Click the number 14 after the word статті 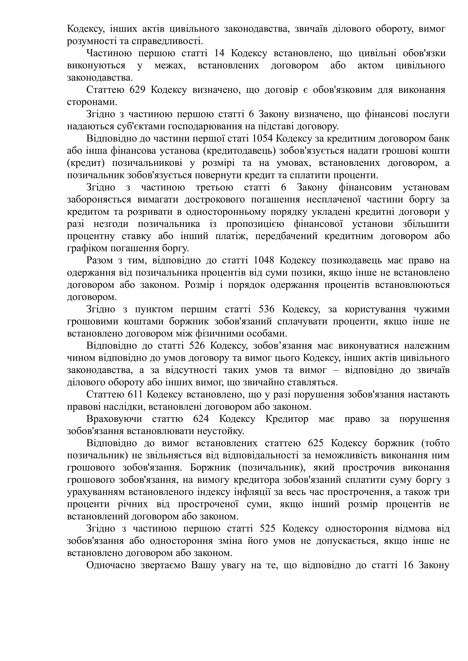click(x=219, y=53)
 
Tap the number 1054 click(x=262, y=138)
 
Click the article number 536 click(x=267, y=309)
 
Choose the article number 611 click(x=135, y=395)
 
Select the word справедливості click(x=167, y=41)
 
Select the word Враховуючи click(x=114, y=419)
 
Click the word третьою click(x=214, y=187)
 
